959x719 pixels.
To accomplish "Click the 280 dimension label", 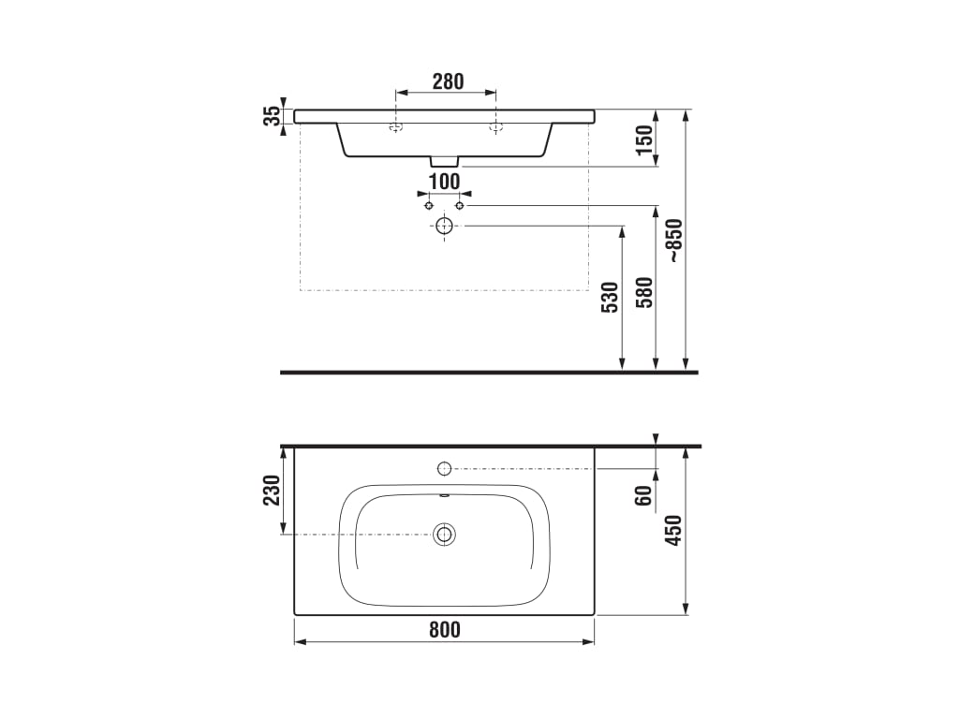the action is pos(449,81).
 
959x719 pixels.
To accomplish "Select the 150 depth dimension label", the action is pos(644,140).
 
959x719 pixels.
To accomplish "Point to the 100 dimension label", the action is pos(444,182).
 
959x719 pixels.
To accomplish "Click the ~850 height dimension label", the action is pos(674,241).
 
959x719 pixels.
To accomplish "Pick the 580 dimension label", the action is pos(644,292).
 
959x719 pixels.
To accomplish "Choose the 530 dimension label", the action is pos(611,298).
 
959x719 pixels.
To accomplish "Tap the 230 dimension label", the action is pos(272,490).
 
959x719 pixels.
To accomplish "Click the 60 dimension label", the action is pos(643,496).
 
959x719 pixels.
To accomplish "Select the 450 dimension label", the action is pos(673,531).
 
